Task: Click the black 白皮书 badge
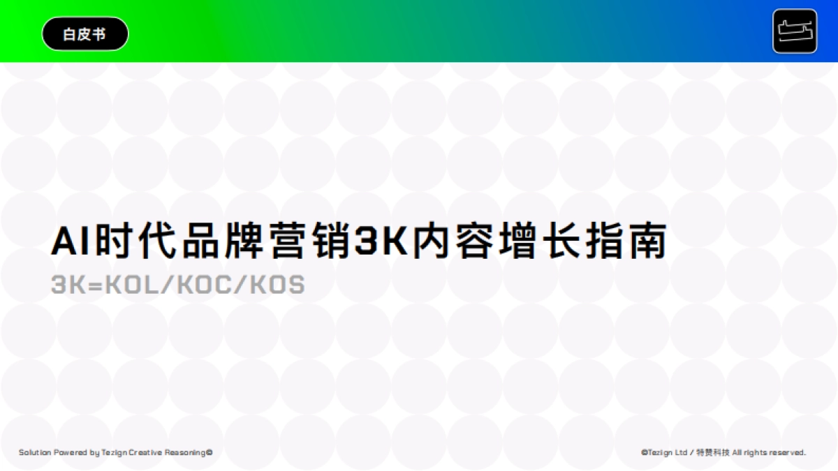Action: coord(85,33)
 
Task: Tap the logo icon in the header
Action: coord(795,31)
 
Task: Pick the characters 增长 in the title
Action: coord(540,242)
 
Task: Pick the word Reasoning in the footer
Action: coord(186,453)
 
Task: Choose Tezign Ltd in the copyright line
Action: coord(668,453)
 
